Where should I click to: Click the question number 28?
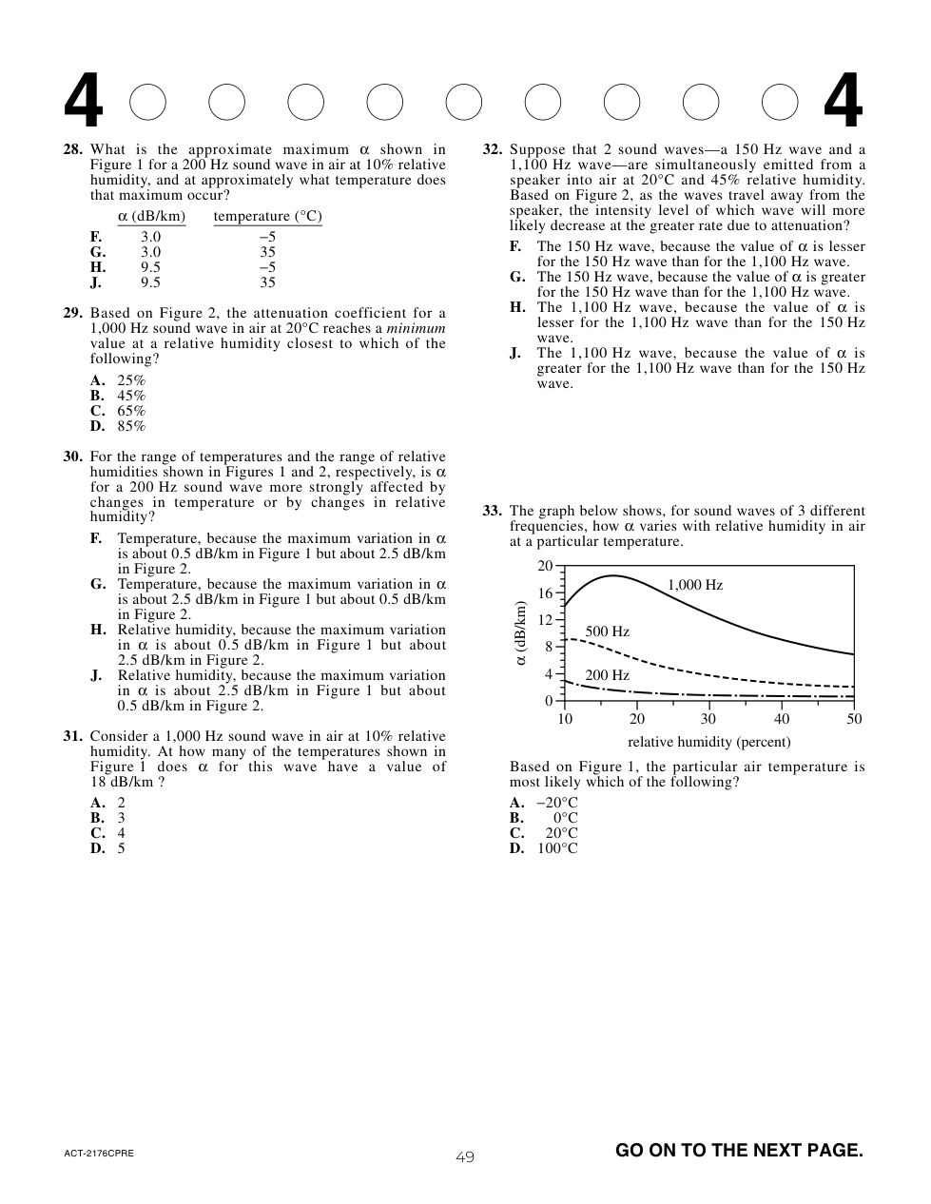(73, 149)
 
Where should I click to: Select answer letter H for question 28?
(98, 267)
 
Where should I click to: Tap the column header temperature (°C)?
(267, 216)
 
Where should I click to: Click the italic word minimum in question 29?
(416, 328)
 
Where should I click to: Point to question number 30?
(73, 456)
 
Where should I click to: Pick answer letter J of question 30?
(96, 675)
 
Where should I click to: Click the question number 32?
(493, 149)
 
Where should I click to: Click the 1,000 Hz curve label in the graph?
(695, 585)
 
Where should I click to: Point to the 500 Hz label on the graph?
(607, 631)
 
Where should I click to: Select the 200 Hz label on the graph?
(607, 675)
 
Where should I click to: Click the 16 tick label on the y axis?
(545, 593)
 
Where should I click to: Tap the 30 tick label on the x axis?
(708, 719)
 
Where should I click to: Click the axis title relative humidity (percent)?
(708, 742)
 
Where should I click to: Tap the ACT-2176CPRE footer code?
(99, 1154)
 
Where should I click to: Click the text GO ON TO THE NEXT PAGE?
(739, 1150)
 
